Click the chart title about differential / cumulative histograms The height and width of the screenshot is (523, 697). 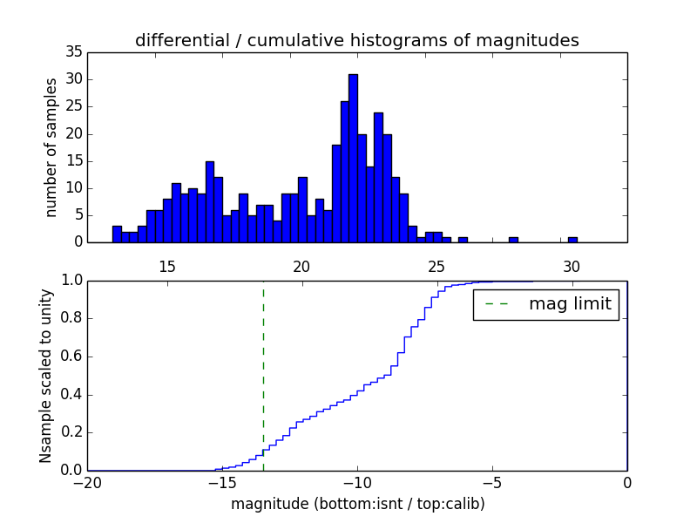pos(356,40)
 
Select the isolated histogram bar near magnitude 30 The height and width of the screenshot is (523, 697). pos(572,240)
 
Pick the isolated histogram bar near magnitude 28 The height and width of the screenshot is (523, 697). pos(513,240)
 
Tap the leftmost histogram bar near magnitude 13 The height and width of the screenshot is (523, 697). pos(117,234)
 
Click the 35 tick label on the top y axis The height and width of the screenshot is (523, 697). pos(73,52)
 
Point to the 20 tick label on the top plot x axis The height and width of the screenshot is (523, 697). pos(301,266)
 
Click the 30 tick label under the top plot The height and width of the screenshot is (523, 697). pos(572,266)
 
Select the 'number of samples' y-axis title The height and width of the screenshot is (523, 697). pos(51,147)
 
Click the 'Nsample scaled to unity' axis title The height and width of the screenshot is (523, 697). pos(47,376)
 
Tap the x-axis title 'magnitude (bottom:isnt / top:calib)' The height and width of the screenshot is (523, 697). pos(357,504)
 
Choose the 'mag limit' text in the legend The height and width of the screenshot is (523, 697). pos(570,304)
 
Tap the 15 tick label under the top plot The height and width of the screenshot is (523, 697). pos(167,266)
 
